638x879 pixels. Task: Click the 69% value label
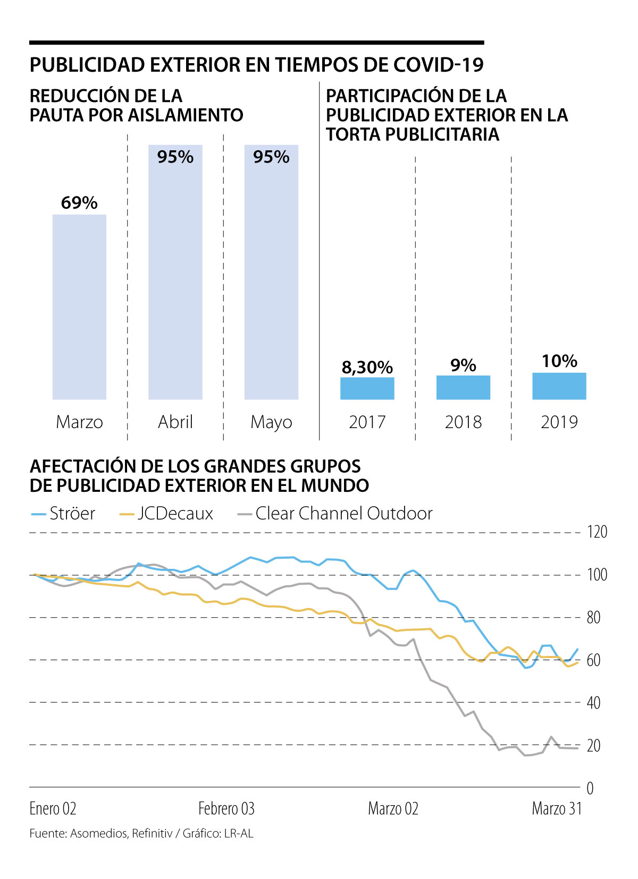click(x=79, y=203)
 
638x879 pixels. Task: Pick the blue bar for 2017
click(x=367, y=388)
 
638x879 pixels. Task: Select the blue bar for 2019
click(x=559, y=386)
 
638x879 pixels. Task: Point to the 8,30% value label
click(x=367, y=367)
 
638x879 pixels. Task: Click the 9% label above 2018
click(x=463, y=365)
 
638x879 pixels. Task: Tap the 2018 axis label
click(x=463, y=422)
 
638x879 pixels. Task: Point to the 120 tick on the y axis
click(x=597, y=532)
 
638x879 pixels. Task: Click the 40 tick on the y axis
click(x=594, y=703)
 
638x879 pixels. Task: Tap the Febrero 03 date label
click(x=226, y=809)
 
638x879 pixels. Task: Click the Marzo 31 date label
click(x=557, y=809)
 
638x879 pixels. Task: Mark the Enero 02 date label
click(x=53, y=809)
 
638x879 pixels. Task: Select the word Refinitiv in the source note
click(x=152, y=834)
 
